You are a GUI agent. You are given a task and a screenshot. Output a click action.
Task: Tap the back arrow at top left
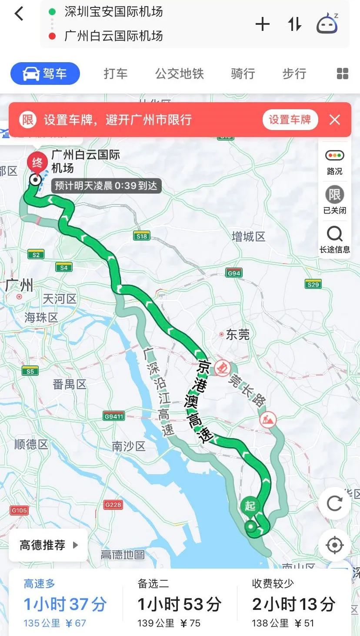click(x=19, y=14)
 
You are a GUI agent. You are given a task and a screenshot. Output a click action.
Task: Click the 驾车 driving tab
click(x=45, y=74)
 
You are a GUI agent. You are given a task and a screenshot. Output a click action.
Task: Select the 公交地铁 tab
click(x=180, y=74)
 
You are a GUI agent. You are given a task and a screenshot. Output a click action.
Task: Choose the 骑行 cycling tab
click(x=243, y=74)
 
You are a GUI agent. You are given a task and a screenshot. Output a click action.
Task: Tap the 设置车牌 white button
click(x=290, y=120)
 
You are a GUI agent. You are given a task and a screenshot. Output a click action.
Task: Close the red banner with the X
click(x=335, y=120)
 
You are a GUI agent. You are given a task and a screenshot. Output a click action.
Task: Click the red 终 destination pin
click(x=37, y=163)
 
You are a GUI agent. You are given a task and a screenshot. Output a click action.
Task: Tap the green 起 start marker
click(x=250, y=506)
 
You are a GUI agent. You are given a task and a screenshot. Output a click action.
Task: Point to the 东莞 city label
click(x=237, y=334)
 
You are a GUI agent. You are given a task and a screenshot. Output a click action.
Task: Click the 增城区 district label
click(x=248, y=237)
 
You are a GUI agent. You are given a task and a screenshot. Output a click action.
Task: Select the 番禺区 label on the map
click(x=70, y=384)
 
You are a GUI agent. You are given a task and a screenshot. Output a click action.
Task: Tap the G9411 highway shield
click(x=114, y=416)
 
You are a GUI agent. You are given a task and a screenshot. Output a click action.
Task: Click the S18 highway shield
click(x=142, y=236)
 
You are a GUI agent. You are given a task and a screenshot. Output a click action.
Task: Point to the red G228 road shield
click(x=113, y=505)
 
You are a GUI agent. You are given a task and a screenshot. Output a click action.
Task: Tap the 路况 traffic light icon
click(x=334, y=156)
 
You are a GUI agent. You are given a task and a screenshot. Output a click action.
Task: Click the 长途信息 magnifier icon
click(x=334, y=235)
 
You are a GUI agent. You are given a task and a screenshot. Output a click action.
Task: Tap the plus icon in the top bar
click(x=263, y=24)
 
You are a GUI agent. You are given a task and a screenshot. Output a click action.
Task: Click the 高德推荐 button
click(x=48, y=545)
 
